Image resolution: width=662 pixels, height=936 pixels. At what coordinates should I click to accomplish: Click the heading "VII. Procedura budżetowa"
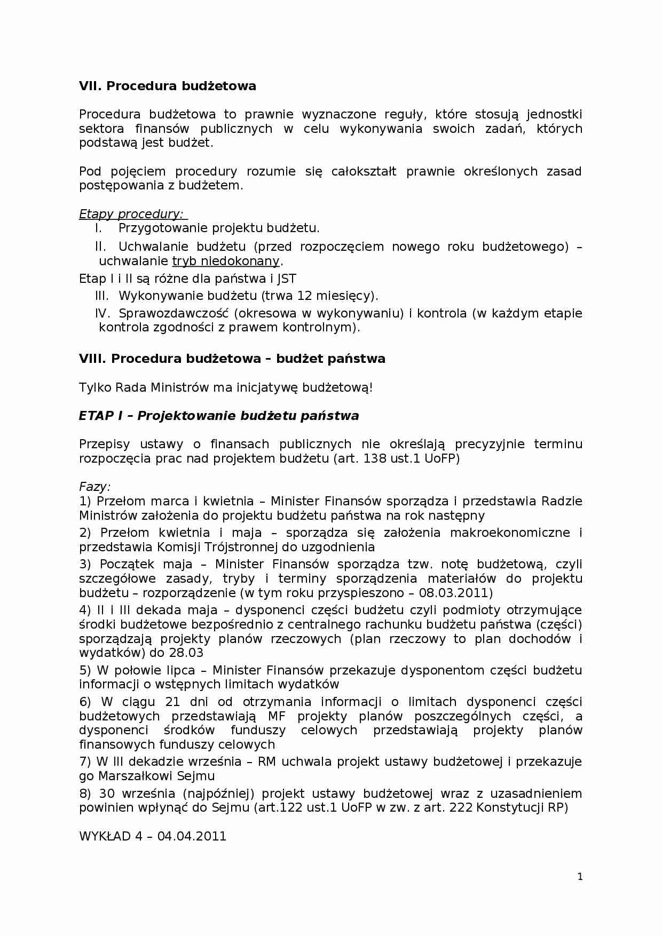[x=167, y=86]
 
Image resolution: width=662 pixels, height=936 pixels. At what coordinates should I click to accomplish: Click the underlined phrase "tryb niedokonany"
[x=226, y=261]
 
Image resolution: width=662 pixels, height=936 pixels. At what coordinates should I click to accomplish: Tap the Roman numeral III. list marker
[x=101, y=296]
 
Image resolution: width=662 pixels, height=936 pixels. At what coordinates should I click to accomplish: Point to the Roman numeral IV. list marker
[x=102, y=313]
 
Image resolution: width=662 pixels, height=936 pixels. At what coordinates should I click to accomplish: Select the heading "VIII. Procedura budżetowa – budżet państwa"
[x=232, y=359]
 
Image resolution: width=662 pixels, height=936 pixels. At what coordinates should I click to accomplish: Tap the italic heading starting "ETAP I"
[x=218, y=416]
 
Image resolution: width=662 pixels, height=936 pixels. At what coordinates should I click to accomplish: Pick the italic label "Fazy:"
[x=94, y=487]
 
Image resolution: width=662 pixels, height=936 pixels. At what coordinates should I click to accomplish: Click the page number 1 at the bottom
[x=580, y=877]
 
